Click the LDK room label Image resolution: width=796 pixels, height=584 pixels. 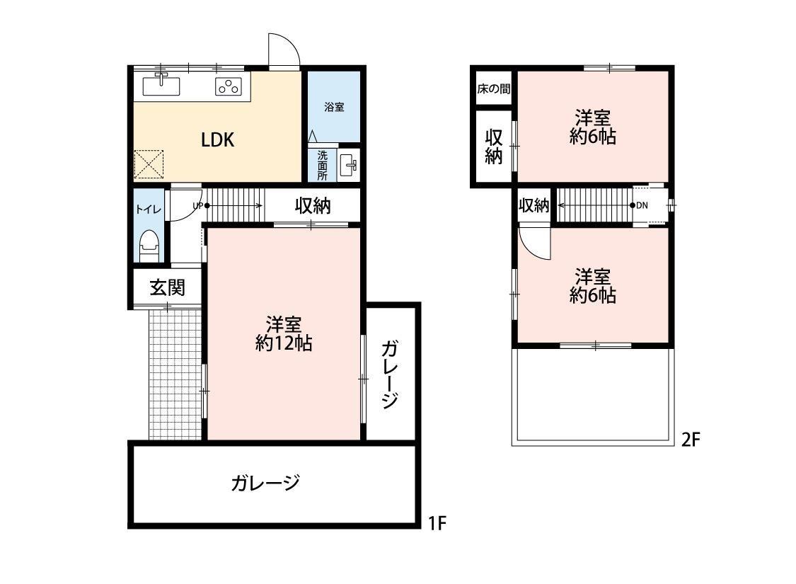pyautogui.click(x=218, y=139)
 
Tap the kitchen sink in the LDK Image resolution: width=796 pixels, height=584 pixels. pyautogui.click(x=162, y=86)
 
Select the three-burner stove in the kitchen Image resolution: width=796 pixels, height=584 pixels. pyautogui.click(x=229, y=87)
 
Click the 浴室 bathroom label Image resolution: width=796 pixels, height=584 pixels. pyautogui.click(x=334, y=108)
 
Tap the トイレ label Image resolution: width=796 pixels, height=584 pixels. pyautogui.click(x=149, y=210)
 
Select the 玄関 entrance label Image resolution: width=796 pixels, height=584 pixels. pyautogui.click(x=167, y=287)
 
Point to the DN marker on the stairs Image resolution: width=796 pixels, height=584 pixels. pyautogui.click(x=639, y=205)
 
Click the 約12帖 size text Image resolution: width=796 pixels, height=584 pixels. pyautogui.click(x=284, y=344)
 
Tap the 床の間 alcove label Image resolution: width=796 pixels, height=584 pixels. pyautogui.click(x=494, y=90)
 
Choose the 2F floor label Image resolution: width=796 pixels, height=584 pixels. pyautogui.click(x=691, y=440)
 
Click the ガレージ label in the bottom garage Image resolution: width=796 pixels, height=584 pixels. pyautogui.click(x=265, y=483)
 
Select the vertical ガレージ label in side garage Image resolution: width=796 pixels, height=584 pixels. pyautogui.click(x=389, y=375)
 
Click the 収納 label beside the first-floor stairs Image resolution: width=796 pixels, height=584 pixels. pyautogui.click(x=313, y=206)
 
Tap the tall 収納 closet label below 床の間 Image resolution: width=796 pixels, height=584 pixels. pyautogui.click(x=493, y=147)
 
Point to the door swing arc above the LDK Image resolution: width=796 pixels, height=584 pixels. pyautogui.click(x=284, y=50)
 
